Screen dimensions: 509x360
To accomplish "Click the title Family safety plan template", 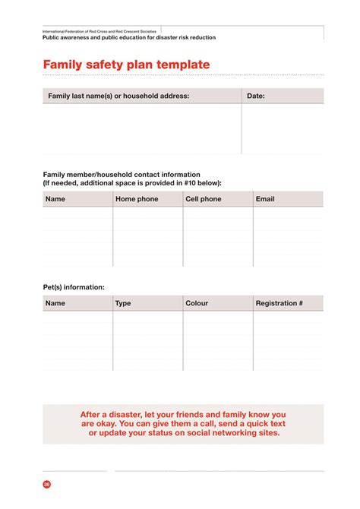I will [126, 65].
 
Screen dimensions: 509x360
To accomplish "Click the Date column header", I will [255, 96].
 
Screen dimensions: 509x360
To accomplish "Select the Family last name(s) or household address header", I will [118, 96].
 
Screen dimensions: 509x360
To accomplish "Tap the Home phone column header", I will [137, 199].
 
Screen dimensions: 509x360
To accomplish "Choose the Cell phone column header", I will [204, 199].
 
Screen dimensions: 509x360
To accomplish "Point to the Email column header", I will [265, 199].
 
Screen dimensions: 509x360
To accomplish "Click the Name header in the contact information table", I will [55, 199].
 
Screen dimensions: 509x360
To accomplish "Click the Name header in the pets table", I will [55, 303].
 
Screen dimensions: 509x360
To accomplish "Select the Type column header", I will [123, 303].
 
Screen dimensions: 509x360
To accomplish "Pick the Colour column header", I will [197, 303].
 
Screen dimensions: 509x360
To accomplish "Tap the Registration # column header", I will [279, 303].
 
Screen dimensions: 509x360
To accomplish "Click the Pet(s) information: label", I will [74, 287].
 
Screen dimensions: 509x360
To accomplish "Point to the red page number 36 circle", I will [47, 484].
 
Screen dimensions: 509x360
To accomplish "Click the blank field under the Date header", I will [282, 129].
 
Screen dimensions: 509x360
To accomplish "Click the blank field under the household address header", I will [141, 129].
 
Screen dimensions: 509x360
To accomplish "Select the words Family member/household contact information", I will [122, 174].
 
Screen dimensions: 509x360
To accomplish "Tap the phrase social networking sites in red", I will [231, 433].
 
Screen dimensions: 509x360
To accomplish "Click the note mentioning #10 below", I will [132, 183].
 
